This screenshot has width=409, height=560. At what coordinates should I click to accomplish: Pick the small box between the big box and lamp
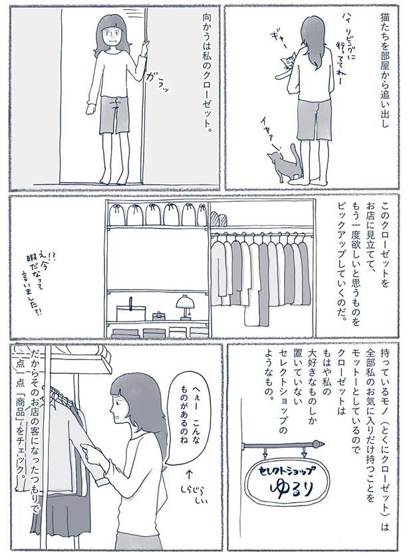(x=159, y=315)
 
